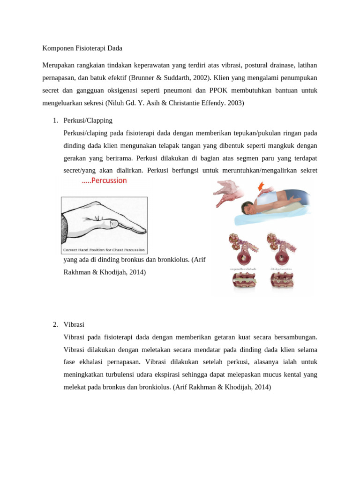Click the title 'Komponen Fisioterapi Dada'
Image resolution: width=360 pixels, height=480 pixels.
(82, 48)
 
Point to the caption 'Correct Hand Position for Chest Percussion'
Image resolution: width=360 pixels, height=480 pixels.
(104, 250)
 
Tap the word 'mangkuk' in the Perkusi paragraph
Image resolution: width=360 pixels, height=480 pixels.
(285, 145)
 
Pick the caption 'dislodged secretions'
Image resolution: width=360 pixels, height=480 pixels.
(282, 269)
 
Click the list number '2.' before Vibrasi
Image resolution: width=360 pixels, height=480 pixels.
(55, 324)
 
